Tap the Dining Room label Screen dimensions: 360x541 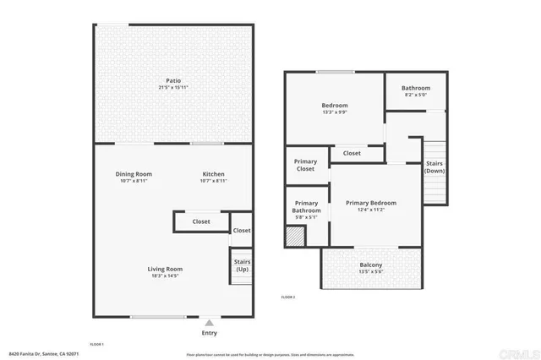tap(134, 174)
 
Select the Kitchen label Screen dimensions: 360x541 tap(213, 174)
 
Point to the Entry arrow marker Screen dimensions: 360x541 tap(210, 322)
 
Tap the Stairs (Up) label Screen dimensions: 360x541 tap(242, 265)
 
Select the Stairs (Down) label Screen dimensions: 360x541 tap(434, 166)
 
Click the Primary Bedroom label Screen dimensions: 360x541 tap(371, 203)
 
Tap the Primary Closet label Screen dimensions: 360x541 tap(304, 165)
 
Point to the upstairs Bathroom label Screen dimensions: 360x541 tap(416, 88)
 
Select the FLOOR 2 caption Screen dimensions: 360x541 tap(287, 297)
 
